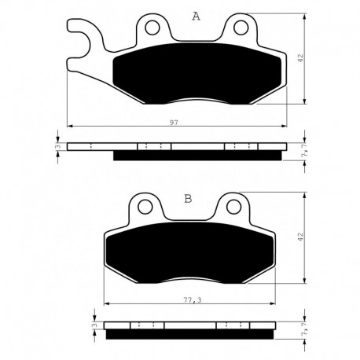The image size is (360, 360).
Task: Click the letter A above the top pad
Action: click(196, 17)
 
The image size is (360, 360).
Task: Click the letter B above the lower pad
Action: click(188, 199)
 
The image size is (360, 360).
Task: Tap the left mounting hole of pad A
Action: click(152, 28)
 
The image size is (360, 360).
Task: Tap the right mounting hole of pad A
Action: click(241, 28)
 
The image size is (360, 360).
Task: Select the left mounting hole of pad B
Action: click(145, 208)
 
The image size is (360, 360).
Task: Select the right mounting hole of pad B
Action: click(234, 208)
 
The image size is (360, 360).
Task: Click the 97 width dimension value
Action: click(174, 122)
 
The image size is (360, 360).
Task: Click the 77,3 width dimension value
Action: click(192, 300)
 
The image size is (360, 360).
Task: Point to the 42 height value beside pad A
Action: click(300, 58)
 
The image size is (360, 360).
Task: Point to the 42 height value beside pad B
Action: click(300, 237)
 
